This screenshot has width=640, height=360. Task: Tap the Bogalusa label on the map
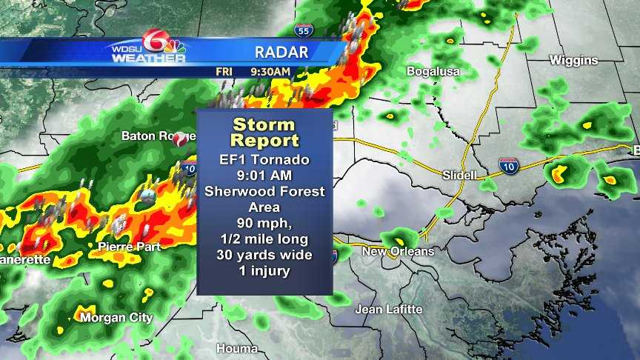click(433, 72)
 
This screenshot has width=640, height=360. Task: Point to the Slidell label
click(459, 175)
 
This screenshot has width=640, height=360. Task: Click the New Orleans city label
click(398, 252)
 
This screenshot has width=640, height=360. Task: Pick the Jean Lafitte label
click(389, 309)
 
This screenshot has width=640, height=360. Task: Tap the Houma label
click(237, 348)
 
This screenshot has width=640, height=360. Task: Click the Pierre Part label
click(129, 247)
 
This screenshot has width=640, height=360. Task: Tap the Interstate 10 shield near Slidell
click(507, 166)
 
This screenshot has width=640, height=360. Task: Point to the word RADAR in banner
click(281, 52)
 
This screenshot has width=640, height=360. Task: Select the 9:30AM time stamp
click(270, 72)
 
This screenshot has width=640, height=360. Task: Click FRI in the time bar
click(224, 72)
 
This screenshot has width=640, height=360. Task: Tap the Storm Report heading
click(264, 133)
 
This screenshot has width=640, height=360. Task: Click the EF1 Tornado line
click(264, 159)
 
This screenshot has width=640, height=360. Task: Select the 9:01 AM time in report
click(264, 176)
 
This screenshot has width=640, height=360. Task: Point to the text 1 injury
click(264, 271)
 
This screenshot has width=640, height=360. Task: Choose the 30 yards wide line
click(264, 255)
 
